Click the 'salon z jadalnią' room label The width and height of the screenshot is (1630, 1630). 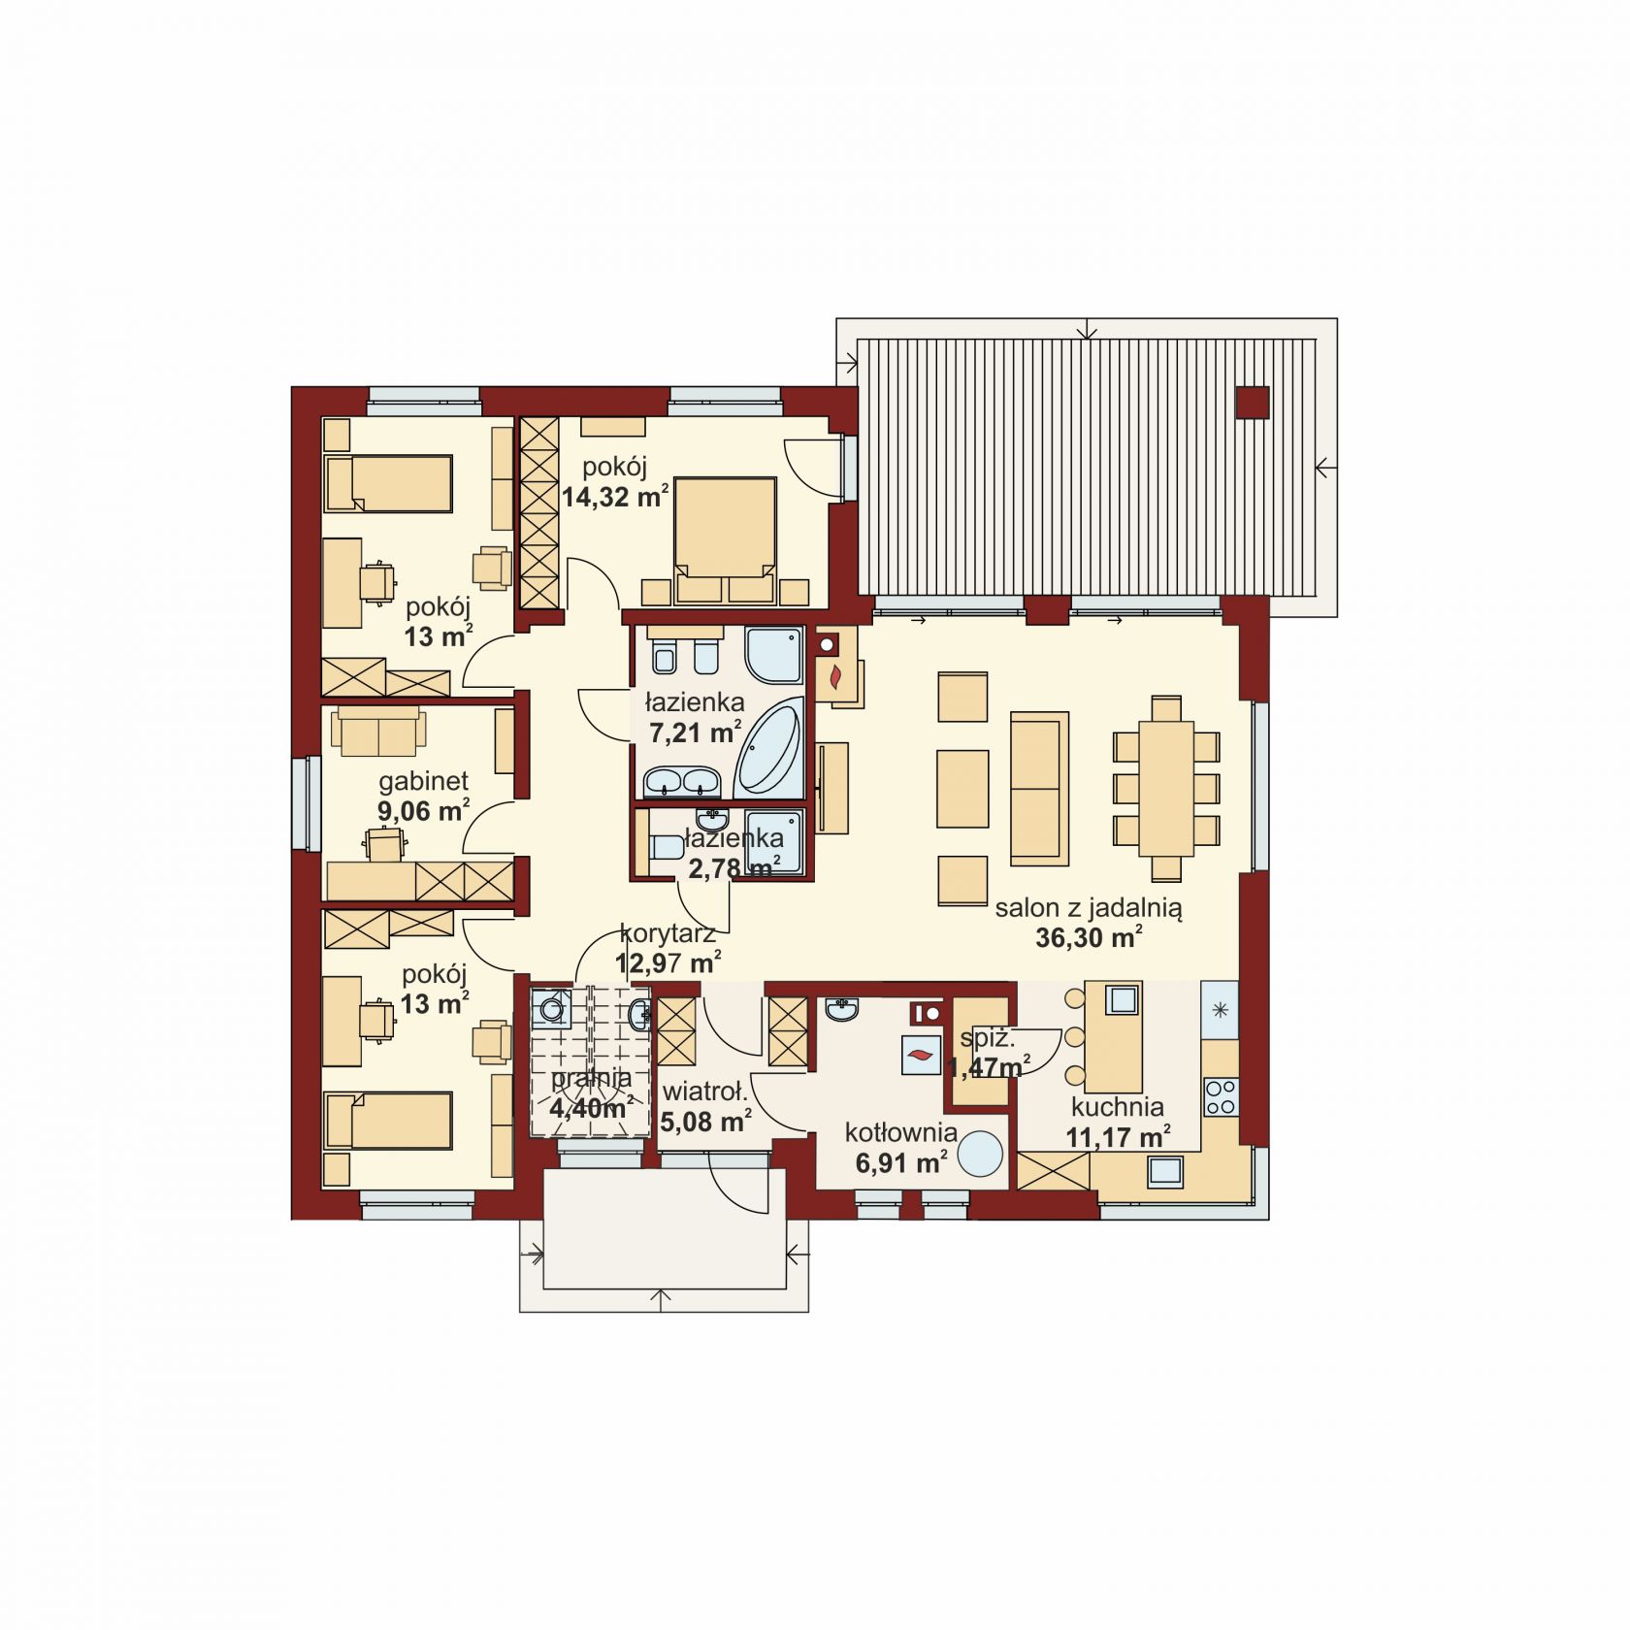pos(1089,909)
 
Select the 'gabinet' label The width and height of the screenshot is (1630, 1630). pos(424,780)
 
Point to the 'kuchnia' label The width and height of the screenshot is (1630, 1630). pos(1117,1107)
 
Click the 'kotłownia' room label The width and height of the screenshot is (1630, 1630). pos(901,1132)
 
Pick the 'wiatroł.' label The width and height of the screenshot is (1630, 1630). pos(705,1092)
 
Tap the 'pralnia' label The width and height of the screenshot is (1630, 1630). pos(591,1078)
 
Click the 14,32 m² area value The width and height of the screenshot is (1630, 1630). pos(615,497)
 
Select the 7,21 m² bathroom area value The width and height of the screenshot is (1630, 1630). pos(696,732)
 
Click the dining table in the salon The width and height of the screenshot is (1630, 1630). pos(1165,788)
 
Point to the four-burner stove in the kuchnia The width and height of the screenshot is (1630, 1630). pos(1221,1096)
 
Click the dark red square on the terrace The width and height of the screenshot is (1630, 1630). pos(1252,403)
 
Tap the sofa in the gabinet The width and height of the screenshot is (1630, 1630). pos(378,731)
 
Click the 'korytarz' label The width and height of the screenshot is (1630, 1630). pos(668,934)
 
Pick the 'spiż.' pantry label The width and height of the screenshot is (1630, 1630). pos(988,1038)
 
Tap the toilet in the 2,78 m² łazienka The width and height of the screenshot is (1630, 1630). pos(667,848)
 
